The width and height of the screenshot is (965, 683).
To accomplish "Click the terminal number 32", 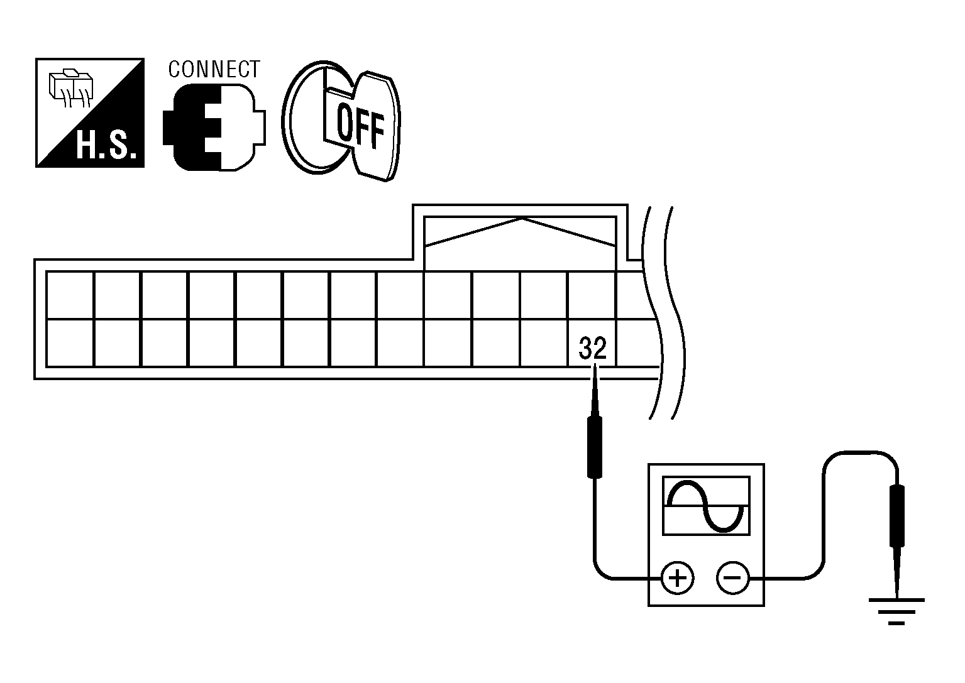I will (593, 348).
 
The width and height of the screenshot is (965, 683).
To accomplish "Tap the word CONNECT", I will (214, 68).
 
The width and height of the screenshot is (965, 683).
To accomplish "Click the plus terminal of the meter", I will (677, 577).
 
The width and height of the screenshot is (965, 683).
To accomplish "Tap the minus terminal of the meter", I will (732, 577).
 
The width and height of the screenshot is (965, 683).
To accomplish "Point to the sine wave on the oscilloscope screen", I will (707, 506).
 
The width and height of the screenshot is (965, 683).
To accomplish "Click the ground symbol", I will (896, 608).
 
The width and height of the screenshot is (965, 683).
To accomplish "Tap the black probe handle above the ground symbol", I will (897, 515).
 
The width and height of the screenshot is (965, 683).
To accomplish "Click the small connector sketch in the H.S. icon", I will (71, 88).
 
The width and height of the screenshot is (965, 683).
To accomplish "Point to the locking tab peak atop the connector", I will (521, 219).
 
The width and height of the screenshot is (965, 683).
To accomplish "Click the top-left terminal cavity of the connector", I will (70, 295).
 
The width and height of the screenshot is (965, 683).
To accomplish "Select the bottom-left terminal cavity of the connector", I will (70, 342).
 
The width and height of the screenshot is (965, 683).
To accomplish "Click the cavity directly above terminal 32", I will (592, 295).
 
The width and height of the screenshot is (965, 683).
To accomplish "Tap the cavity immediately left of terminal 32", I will (544, 342).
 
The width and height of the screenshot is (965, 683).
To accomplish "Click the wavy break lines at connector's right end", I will (661, 314).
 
